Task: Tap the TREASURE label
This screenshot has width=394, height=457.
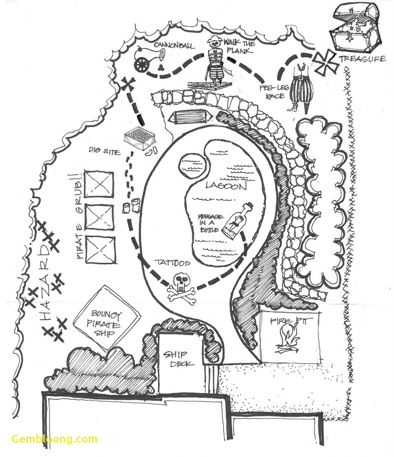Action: click(362, 59)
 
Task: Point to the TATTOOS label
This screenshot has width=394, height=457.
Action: click(172, 263)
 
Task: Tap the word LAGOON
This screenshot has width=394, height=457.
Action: click(226, 186)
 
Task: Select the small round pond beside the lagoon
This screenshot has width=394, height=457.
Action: click(193, 166)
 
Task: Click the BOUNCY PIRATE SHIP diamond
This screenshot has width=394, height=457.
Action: click(107, 317)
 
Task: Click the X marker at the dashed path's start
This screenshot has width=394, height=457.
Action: click(128, 84)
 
